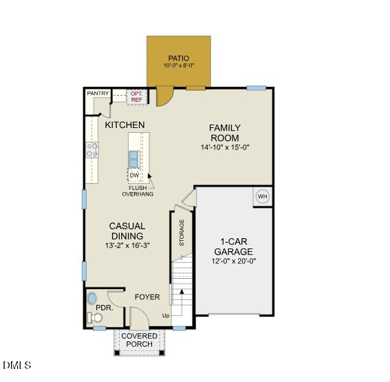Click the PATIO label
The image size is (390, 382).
(179, 58)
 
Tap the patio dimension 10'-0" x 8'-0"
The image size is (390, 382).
(179, 65)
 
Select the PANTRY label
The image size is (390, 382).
(97, 93)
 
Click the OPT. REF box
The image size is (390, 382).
(136, 96)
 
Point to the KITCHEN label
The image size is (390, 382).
(124, 125)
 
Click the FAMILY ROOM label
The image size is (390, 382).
(225, 133)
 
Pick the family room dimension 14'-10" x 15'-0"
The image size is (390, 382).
(225, 147)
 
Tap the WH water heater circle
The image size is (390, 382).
(262, 197)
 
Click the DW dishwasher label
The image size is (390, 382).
(135, 175)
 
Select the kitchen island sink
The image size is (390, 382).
(135, 159)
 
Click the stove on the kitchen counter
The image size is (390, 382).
(92, 149)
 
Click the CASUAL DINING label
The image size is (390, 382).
(127, 231)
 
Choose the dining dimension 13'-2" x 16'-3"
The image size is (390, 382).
(127, 245)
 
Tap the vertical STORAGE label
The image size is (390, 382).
(182, 233)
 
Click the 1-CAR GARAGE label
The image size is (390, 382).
(237, 246)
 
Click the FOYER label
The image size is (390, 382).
(147, 297)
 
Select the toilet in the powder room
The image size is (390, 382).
(94, 317)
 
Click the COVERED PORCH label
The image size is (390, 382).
(140, 340)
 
